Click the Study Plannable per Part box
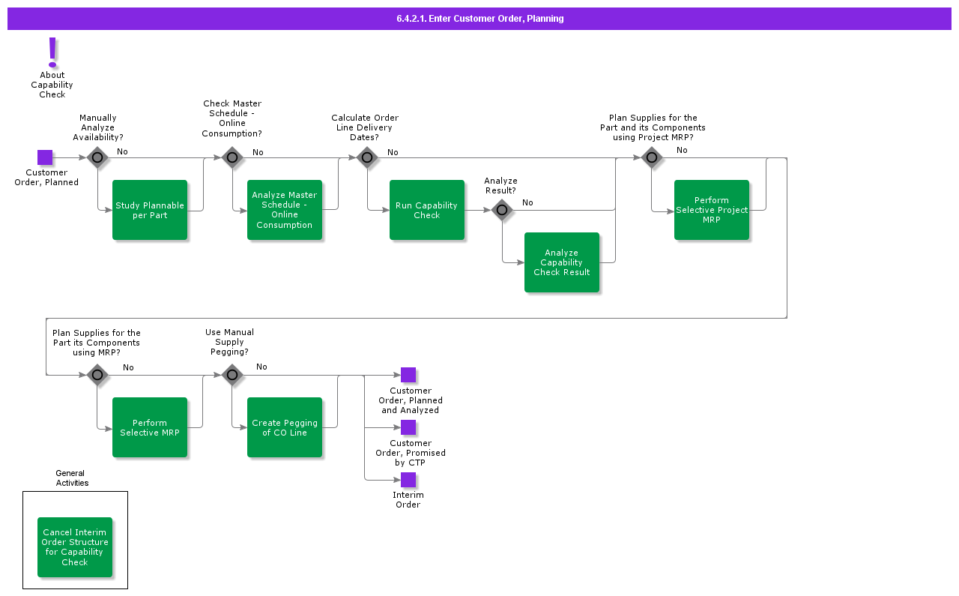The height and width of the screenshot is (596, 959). coord(150,210)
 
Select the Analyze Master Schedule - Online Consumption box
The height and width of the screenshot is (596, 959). coord(285,210)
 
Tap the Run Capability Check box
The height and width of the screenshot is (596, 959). coord(427,210)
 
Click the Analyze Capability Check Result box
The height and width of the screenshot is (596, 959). coord(562,262)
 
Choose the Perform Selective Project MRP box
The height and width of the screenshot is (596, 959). coord(712,210)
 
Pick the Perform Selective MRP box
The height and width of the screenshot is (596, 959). coord(150,427)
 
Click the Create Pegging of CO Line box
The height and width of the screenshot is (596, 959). coord(285,427)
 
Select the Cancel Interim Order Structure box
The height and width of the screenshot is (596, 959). coord(75,547)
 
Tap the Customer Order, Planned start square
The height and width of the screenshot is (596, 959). coord(45,157)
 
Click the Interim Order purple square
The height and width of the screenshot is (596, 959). coord(408,480)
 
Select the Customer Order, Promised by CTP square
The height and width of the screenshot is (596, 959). coord(408,427)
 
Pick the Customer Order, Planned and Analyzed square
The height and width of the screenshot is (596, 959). coord(408,375)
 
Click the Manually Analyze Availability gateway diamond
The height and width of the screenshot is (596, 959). coord(97,157)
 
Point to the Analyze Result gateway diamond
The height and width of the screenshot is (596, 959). coord(502,210)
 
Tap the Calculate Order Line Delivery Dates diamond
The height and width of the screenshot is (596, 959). coord(366,157)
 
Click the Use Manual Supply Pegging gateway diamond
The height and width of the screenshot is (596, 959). coord(232,375)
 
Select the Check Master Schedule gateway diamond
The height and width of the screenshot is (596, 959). coord(232,157)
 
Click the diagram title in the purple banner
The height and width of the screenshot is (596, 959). coord(479,19)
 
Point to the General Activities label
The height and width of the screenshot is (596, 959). coord(72,478)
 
